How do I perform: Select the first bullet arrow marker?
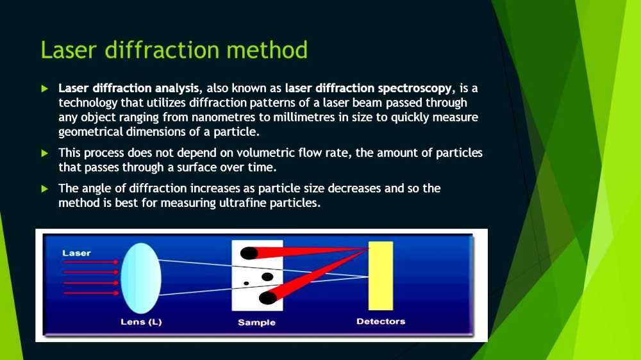45,88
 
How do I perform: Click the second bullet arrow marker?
45,153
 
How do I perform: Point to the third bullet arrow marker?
45,189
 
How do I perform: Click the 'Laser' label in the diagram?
76,253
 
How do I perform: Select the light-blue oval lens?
140,278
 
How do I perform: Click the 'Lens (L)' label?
141,322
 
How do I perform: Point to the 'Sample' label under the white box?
256,322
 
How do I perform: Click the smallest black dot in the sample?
246,283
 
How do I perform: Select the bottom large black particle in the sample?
268,297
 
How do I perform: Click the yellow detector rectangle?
380,275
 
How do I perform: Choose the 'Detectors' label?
381,321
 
